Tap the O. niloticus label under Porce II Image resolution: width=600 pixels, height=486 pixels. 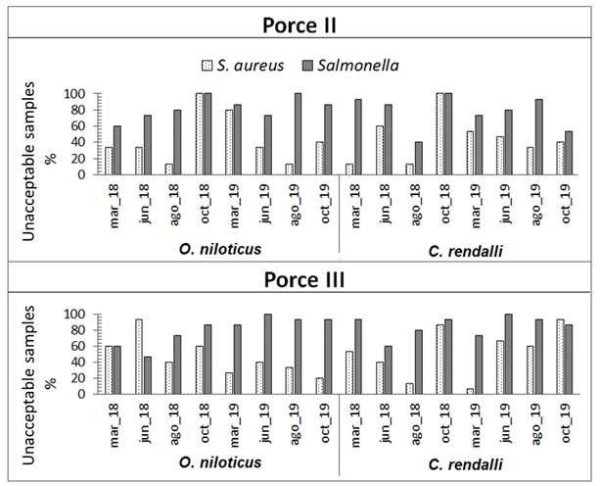(219, 249)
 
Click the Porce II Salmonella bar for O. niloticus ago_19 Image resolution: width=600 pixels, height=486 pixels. (298, 134)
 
